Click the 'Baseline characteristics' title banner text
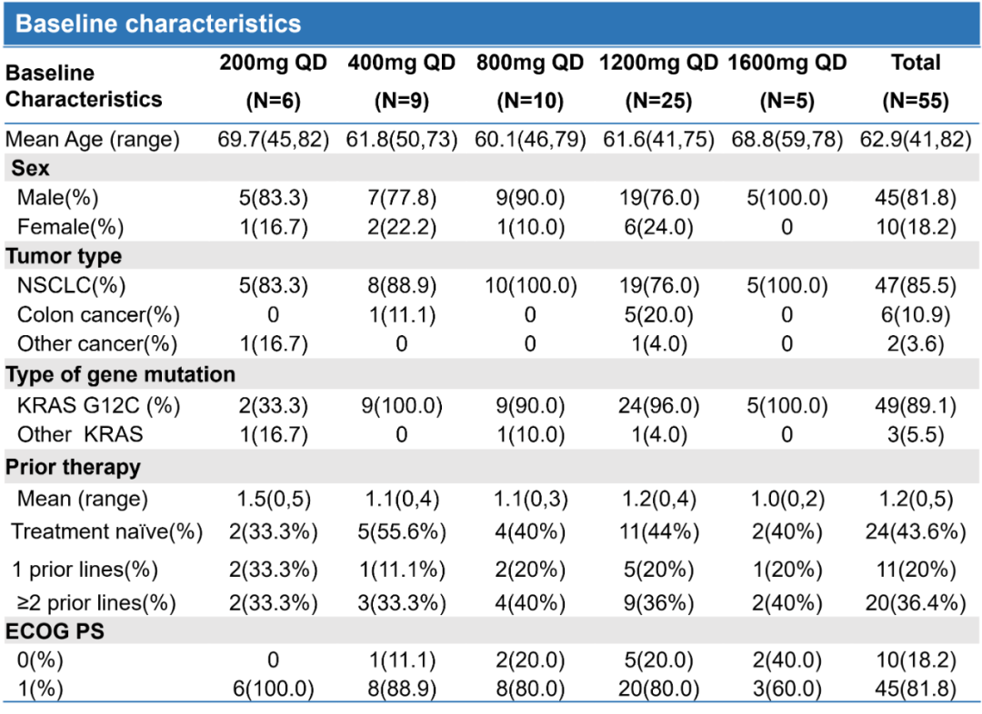[158, 24]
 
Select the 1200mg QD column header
[658, 63]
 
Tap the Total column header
[916, 63]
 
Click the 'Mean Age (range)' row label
[93, 140]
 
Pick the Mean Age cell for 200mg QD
[274, 140]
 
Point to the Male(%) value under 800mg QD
[530, 197]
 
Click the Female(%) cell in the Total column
[916, 226]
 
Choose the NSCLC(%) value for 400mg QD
[401, 286]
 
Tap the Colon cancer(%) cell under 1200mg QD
[658, 315]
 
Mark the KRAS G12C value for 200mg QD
[274, 405]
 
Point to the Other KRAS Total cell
[916, 434]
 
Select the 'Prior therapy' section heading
[74, 467]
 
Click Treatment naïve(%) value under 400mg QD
[401, 531]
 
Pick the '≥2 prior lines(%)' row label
[94, 602]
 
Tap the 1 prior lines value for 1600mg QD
[787, 570]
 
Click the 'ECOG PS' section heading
[55, 631]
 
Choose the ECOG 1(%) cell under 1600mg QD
[787, 689]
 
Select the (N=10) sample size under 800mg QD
[530, 101]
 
